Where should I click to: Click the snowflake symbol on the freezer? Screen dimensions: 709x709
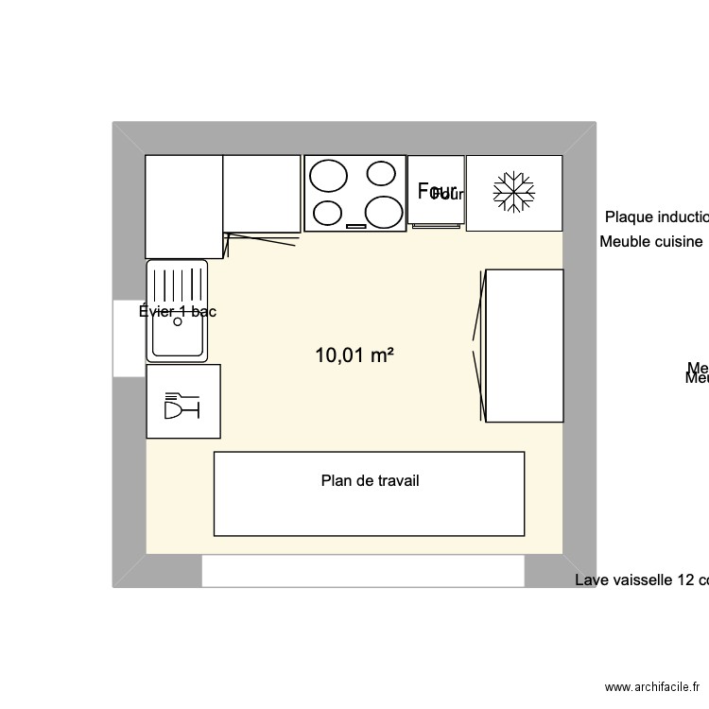[x=514, y=193]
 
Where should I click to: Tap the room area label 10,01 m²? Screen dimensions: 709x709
[x=354, y=355]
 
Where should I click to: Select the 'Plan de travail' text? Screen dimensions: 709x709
[x=370, y=480]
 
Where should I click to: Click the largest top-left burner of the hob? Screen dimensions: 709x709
[x=329, y=177]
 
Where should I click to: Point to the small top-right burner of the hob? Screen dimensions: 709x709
[x=381, y=173]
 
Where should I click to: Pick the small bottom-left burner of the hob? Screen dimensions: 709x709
[x=327, y=213]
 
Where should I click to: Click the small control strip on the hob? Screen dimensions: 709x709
[x=356, y=226]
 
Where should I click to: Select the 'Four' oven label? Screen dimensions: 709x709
[x=437, y=190]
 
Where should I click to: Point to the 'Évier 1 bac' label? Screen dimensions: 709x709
[x=178, y=311]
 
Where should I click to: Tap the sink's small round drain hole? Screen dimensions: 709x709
[x=177, y=321]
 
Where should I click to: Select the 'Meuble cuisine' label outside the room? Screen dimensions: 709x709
[x=651, y=241]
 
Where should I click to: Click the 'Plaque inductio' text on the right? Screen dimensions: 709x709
[x=656, y=216]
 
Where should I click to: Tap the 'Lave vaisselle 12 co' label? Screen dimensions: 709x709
[x=641, y=579]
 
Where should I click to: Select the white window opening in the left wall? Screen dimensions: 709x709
[x=129, y=337]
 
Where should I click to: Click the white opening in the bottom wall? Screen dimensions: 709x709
[x=363, y=571]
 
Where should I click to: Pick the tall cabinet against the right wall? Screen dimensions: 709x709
[x=525, y=345]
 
